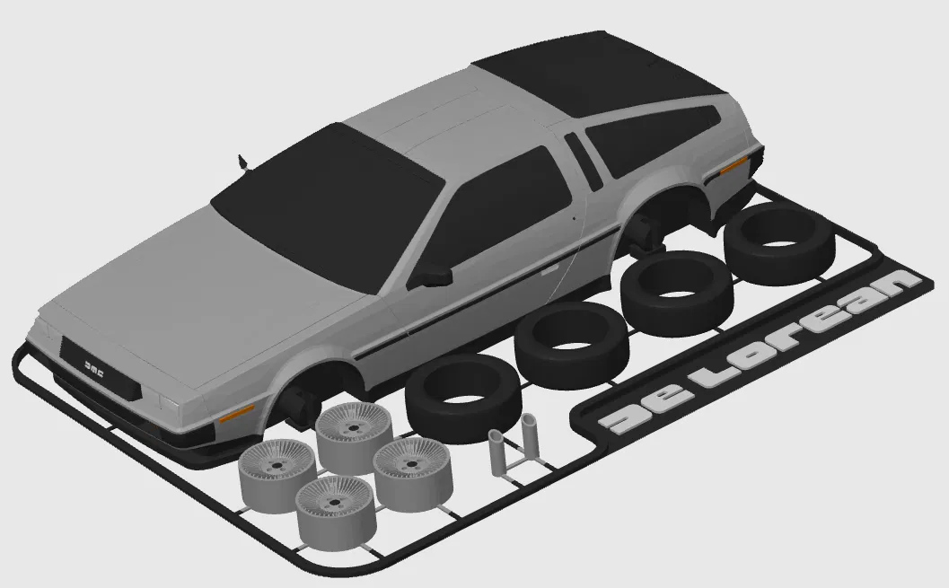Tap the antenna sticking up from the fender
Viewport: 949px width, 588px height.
243,162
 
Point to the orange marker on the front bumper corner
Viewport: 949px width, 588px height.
236,414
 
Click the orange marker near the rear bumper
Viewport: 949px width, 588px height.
734,164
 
